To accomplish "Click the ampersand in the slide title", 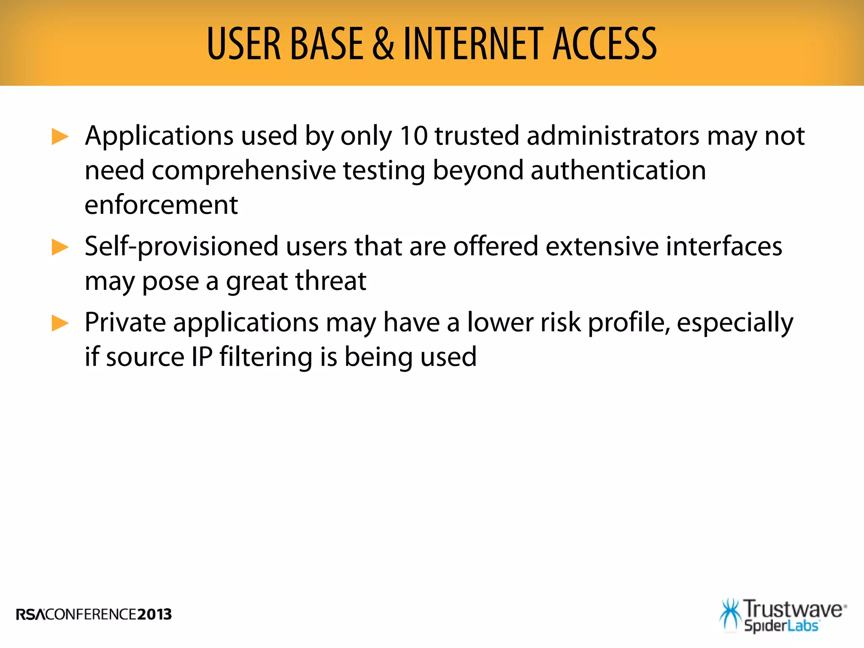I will [383, 44].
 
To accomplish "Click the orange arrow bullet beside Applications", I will [60, 137].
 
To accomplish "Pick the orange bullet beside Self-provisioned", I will [60, 247].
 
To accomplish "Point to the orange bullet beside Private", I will [60, 323].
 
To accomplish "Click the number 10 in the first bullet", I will [413, 136].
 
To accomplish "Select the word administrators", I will [613, 136].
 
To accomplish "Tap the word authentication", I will [618, 170].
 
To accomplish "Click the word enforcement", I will [161, 205].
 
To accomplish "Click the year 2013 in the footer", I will [154, 614].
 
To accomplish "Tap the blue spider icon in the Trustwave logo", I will [730, 614].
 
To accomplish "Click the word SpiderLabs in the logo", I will [781, 626].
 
